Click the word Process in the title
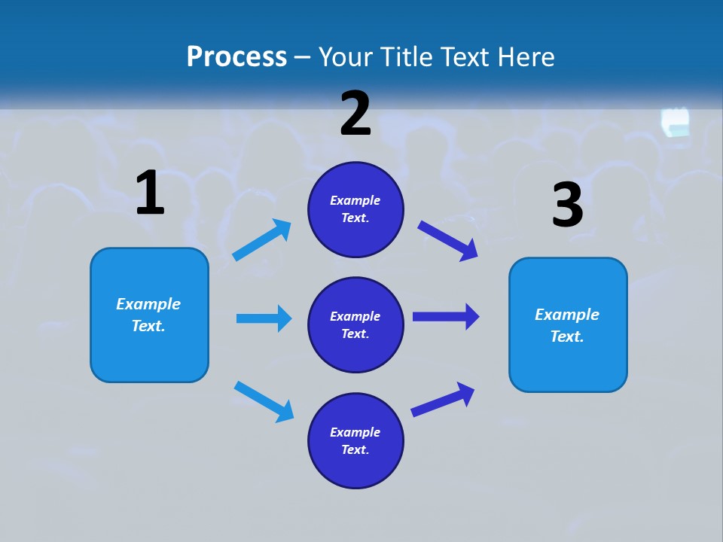(236, 56)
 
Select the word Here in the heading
(523, 56)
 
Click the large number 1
(150, 193)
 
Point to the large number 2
(355, 113)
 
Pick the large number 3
(568, 205)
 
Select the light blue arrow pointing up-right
(262, 240)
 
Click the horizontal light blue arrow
(264, 318)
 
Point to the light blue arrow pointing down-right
(264, 401)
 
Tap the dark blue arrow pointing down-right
(447, 240)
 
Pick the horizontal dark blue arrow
(445, 316)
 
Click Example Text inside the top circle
(355, 209)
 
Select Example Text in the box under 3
(567, 325)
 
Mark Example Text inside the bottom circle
(355, 440)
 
